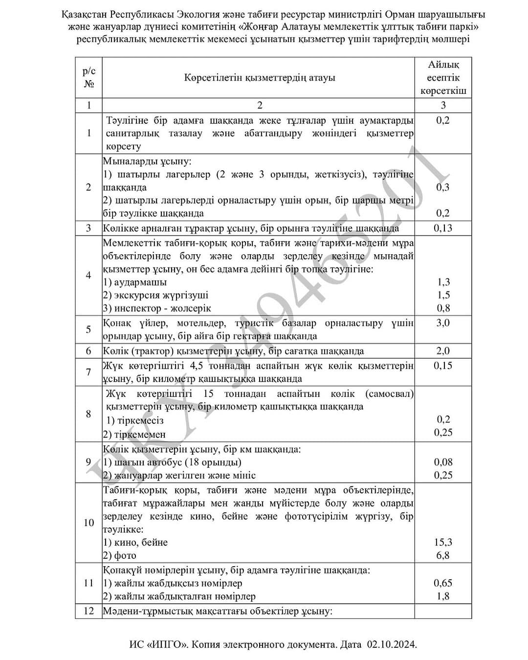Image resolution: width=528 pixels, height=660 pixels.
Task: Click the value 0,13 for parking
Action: click(443, 228)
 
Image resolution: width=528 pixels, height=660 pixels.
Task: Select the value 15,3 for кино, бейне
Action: click(443, 542)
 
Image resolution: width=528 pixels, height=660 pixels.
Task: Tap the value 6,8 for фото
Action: click(443, 555)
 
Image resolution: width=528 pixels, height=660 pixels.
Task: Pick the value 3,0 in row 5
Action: click(443, 323)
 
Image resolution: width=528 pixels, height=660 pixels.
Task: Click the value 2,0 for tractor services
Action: click(443, 351)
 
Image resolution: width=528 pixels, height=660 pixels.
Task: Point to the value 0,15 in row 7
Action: click(443, 366)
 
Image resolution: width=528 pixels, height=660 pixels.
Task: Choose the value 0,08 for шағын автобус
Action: click(443, 462)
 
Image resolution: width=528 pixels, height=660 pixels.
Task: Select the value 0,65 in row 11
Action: click(443, 583)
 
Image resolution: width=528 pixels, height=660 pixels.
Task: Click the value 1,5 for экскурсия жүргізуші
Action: click(443, 295)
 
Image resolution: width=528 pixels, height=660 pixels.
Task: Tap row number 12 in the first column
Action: click(88, 611)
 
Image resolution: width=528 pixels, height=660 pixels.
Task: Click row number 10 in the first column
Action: click(88, 523)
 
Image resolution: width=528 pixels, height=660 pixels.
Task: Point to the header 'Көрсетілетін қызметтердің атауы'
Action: click(260, 78)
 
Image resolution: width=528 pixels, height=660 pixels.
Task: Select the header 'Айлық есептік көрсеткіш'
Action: click(443, 78)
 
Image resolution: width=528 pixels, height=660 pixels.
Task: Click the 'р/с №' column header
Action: click(88, 78)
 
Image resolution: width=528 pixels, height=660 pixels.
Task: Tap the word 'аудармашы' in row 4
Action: click(140, 282)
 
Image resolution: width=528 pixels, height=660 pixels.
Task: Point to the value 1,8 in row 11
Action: click(443, 596)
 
